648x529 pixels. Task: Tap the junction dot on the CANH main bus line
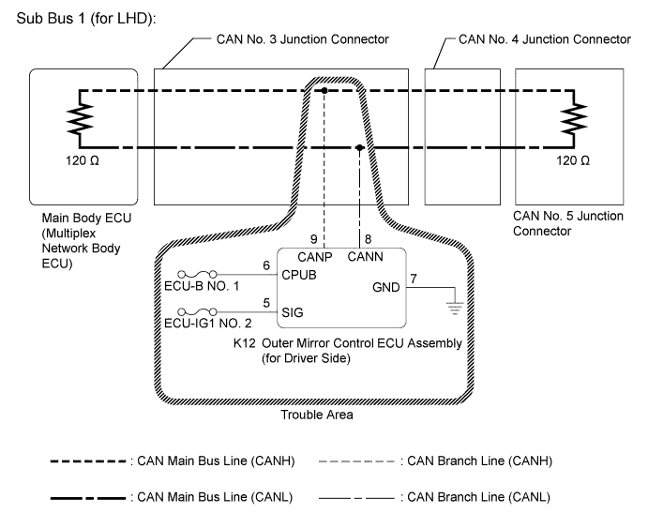click(324, 91)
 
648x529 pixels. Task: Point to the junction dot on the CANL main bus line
click(360, 147)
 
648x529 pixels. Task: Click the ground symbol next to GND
click(455, 303)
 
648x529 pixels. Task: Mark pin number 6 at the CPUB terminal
click(267, 266)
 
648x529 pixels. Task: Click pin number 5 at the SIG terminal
click(267, 303)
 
